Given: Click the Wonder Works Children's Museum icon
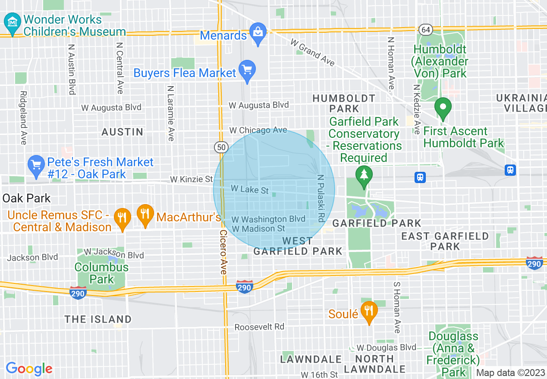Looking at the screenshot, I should click(13, 21).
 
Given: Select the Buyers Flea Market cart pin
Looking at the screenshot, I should click(247, 70).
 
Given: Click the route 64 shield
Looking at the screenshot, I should click(425, 30).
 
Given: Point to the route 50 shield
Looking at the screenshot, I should click(221, 147).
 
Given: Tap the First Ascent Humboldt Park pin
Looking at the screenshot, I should click(442, 108).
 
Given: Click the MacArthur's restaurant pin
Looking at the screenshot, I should click(145, 214).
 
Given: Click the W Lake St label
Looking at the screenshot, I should click(250, 189).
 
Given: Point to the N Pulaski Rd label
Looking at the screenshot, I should click(320, 198).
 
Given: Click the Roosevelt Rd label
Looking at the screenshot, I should click(259, 327).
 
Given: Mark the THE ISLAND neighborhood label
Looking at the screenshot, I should click(98, 319).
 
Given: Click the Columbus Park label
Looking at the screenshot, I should click(101, 273).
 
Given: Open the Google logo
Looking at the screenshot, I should click(29, 369).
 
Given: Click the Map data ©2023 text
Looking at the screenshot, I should click(510, 373).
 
